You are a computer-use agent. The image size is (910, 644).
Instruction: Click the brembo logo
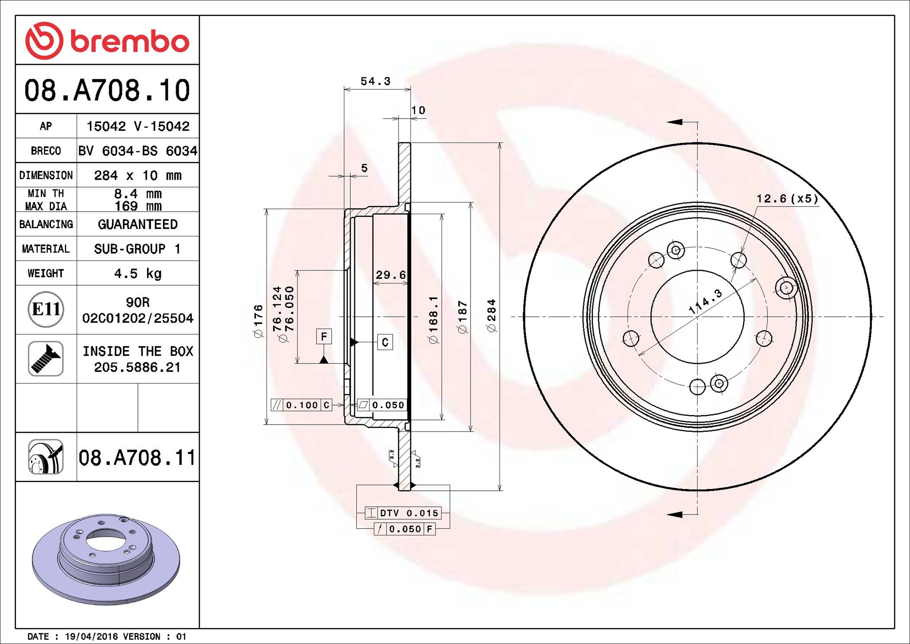tap(107, 41)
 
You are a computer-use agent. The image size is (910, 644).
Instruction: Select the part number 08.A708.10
tap(107, 90)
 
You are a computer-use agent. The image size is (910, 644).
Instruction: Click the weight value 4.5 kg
tap(138, 274)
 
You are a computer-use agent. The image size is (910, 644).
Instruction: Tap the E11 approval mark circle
tap(46, 309)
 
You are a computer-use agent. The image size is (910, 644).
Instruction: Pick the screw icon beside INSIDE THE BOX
tap(46, 359)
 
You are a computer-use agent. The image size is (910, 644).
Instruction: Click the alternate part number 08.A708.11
tap(137, 458)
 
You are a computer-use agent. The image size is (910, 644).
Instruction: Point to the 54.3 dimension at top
tap(375, 81)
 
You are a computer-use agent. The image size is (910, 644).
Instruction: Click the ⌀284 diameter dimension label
tap(491, 316)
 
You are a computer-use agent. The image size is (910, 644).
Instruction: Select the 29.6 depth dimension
tap(391, 275)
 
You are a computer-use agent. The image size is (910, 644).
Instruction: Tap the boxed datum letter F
tap(324, 336)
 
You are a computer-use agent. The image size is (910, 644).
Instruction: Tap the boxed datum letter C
tap(385, 342)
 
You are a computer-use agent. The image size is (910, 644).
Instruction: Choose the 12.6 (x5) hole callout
tap(787, 199)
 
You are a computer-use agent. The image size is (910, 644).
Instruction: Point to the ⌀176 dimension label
tap(258, 321)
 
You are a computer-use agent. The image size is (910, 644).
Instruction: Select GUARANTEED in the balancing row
tap(138, 224)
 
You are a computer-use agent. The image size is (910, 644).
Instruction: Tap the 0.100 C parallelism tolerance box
tap(301, 405)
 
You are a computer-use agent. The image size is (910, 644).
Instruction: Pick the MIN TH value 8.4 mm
tap(138, 193)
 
